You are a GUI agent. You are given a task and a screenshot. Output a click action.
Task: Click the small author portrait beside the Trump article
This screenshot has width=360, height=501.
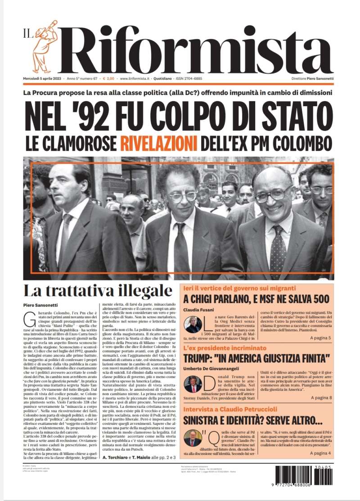tap(193, 384)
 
